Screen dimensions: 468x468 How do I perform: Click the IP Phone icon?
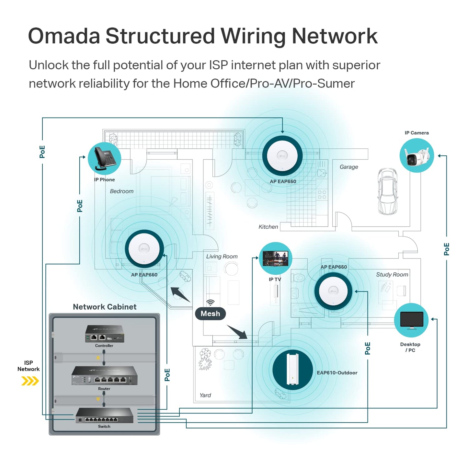click(x=104, y=159)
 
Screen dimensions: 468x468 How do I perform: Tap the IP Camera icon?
click(x=417, y=156)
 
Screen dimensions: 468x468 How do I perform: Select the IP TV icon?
click(x=276, y=258)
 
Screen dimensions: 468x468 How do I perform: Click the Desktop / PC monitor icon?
click(x=411, y=320)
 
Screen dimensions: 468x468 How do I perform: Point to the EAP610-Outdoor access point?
click(x=292, y=370)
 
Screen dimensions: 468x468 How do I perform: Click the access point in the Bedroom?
click(x=144, y=249)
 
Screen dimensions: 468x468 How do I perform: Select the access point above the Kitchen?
click(x=282, y=156)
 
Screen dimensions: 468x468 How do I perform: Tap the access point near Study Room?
click(x=333, y=291)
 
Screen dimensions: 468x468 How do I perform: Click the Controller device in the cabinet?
click(x=104, y=334)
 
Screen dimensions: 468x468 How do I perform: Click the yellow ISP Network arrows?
click(x=30, y=381)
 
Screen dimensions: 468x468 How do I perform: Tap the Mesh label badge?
click(x=210, y=314)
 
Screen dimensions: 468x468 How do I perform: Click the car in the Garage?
click(x=388, y=191)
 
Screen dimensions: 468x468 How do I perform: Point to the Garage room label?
click(x=348, y=167)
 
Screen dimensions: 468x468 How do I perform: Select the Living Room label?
click(x=222, y=256)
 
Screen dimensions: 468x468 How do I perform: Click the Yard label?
click(x=205, y=395)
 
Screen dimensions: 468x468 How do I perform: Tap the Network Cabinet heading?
click(x=105, y=307)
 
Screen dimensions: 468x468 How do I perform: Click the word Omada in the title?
click(x=64, y=36)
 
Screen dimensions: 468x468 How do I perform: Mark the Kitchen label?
click(x=268, y=227)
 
